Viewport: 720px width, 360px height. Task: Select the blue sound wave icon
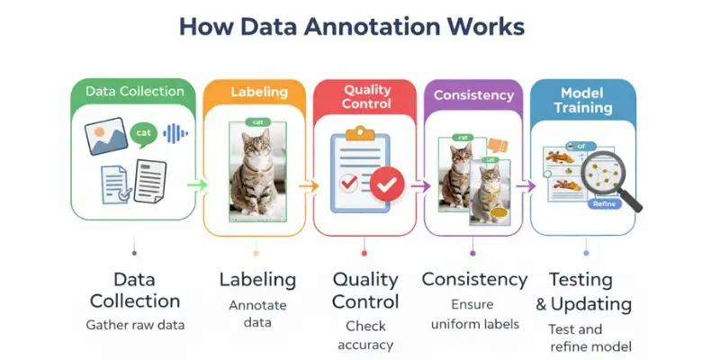175,133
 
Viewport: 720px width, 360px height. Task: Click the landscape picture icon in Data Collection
106,137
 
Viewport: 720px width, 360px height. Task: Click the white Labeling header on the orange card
258,92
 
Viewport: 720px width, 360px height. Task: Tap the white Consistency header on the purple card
473,94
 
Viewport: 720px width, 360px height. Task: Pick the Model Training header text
581,100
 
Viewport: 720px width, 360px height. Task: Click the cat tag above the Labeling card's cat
256,121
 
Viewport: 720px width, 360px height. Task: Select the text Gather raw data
135,324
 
